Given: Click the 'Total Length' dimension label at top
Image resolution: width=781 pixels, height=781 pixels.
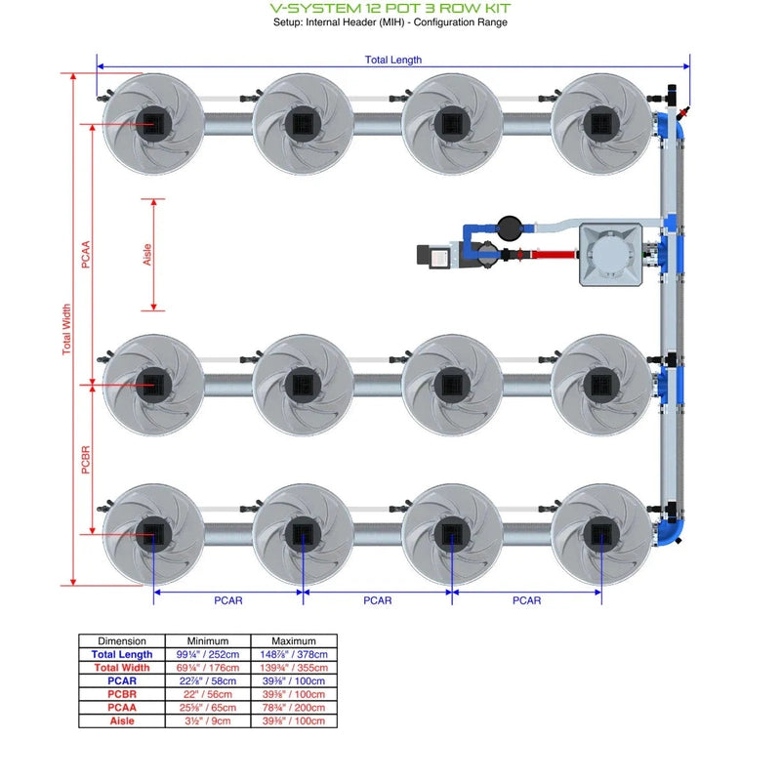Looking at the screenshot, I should coord(392,60).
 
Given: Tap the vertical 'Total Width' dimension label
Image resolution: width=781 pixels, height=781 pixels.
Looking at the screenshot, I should coord(66,329).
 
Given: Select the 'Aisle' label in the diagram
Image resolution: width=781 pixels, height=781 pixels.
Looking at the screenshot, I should coord(146,256).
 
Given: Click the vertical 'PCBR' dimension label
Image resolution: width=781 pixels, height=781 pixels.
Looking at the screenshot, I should coord(86,459).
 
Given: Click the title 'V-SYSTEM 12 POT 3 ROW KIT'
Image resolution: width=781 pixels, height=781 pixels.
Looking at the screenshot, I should coord(390,8).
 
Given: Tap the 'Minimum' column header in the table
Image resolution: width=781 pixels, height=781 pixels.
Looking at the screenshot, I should coord(207,641).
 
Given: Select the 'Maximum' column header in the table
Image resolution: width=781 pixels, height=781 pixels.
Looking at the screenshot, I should coord(294,641).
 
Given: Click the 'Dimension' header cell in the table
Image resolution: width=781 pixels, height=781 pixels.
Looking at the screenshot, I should coord(122,641).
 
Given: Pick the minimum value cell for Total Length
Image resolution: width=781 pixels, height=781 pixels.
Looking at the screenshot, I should coord(207,655).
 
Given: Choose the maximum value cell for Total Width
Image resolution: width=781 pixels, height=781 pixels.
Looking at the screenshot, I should coord(294,668).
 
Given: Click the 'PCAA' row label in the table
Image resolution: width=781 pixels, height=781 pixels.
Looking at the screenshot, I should coord(122,708).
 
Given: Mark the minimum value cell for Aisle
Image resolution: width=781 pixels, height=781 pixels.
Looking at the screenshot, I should coord(207,721).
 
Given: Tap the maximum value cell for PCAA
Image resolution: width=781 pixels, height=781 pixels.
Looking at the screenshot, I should coord(294,708).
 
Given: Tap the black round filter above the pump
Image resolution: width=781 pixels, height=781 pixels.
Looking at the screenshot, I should coord(510,227).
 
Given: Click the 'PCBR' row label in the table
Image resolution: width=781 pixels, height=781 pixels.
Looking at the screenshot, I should coord(122,694).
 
